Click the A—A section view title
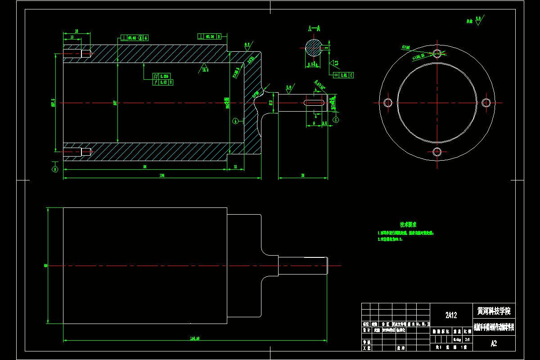[x=314, y=28]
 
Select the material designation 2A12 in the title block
[x=451, y=315]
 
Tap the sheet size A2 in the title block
[x=494, y=343]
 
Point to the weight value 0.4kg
[x=457, y=339]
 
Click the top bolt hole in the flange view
[x=437, y=53]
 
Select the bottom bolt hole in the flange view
[x=437, y=152]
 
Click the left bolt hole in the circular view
[x=387, y=103]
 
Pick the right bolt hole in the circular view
[x=486, y=103]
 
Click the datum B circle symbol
[x=55, y=169]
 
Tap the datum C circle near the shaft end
[x=336, y=120]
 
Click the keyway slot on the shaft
[x=315, y=103]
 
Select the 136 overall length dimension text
[x=162, y=176]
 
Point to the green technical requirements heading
[x=408, y=224]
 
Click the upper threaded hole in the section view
[x=77, y=53]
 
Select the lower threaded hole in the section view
[x=77, y=152]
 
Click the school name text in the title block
[x=494, y=311]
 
